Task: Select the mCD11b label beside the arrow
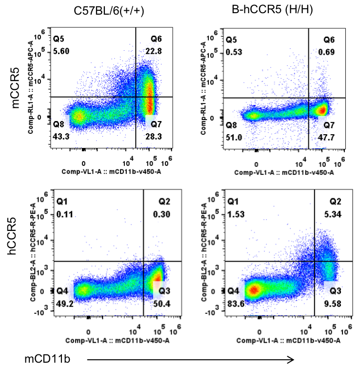pyautogui.click(x=47, y=359)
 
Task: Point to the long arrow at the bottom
pyautogui.click(x=190, y=360)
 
